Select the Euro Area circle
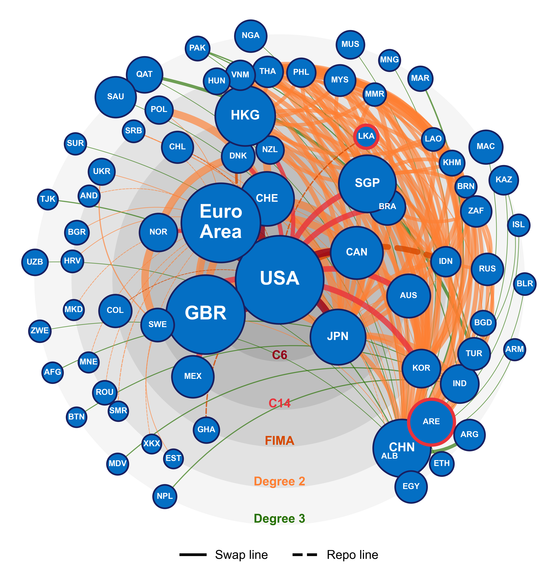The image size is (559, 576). click(x=221, y=222)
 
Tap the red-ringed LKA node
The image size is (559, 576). click(x=366, y=136)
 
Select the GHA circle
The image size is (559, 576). click(x=206, y=430)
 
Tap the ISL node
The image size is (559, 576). click(x=519, y=225)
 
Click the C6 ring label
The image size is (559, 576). click(x=279, y=355)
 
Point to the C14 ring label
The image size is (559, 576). click(x=279, y=403)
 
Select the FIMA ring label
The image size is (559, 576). click(x=279, y=441)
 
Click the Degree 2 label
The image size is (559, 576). click(x=279, y=481)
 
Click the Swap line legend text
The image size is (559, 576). click(x=241, y=555)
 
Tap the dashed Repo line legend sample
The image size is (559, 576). click(x=305, y=555)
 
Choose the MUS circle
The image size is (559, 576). click(x=350, y=44)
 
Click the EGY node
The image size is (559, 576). click(x=411, y=486)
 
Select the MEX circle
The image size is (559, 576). click(x=193, y=376)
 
